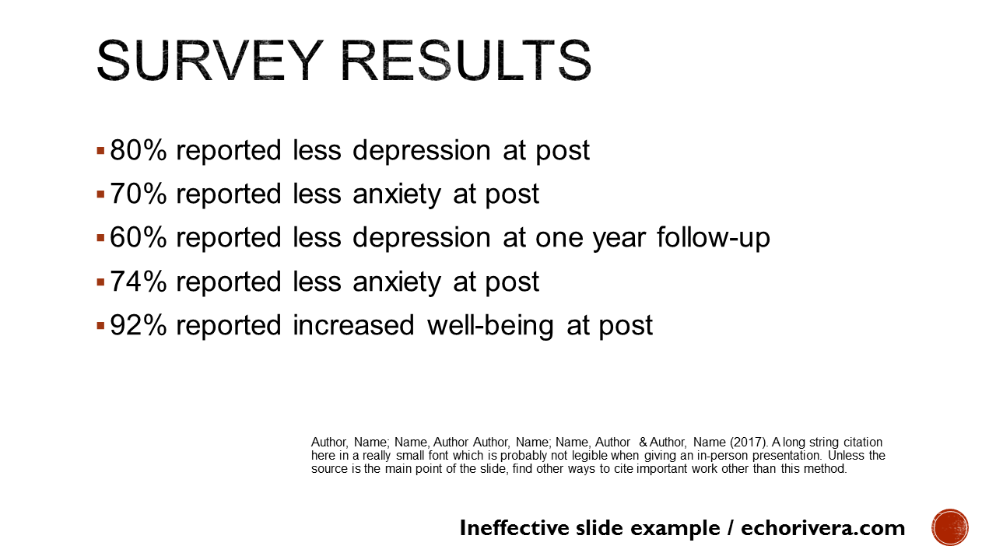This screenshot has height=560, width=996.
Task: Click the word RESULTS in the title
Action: point(463,61)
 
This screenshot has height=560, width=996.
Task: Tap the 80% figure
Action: point(138,150)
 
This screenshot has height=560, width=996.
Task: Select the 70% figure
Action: point(138,194)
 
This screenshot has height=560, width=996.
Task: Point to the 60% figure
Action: point(138,237)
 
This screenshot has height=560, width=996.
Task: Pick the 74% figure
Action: point(138,282)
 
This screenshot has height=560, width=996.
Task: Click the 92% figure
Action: point(138,325)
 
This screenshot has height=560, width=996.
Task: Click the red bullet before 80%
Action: point(100,149)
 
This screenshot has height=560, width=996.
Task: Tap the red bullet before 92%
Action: point(100,325)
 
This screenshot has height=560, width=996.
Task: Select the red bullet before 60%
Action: point(100,237)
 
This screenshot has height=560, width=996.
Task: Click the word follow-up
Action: point(713,238)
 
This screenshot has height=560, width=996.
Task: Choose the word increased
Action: point(353,325)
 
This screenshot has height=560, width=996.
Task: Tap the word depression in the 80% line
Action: point(421,151)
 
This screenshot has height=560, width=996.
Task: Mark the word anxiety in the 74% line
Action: point(397,282)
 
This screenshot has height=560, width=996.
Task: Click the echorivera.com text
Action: point(822,528)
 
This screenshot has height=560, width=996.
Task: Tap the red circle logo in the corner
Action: point(950,527)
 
